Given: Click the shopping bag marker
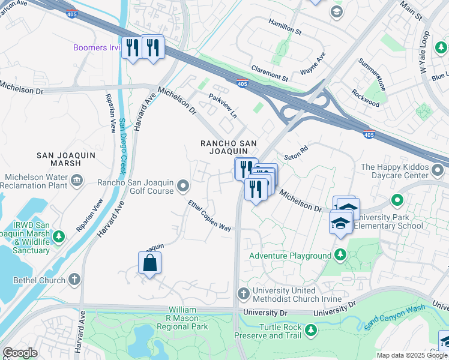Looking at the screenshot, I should [x=149, y=263].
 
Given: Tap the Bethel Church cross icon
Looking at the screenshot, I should [x=74, y=279].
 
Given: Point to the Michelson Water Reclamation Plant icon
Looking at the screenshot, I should [x=77, y=179].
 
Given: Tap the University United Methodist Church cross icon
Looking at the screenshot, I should [x=243, y=293].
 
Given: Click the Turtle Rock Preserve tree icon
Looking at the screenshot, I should [x=310, y=330].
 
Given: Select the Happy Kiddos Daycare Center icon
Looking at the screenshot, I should [x=438, y=172].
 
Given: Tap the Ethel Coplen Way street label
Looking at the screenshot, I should [x=209, y=216].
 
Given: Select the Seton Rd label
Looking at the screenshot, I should [x=295, y=149].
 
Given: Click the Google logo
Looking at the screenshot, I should [x=19, y=353].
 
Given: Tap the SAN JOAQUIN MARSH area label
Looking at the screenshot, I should [x=67, y=155].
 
